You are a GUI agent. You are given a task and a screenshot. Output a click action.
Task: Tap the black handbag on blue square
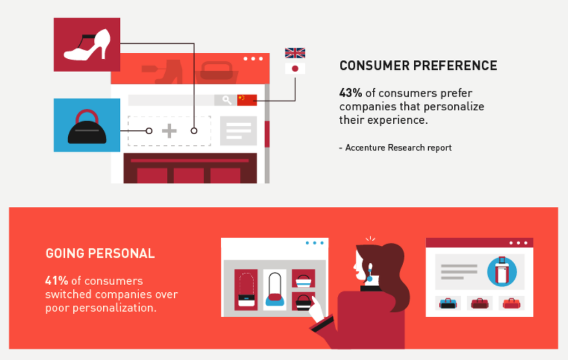(x=87, y=127)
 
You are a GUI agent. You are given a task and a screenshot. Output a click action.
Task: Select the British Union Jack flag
(x=295, y=53)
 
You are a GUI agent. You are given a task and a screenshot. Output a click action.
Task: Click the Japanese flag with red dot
(x=295, y=68)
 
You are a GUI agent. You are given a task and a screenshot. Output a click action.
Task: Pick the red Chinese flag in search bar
(x=247, y=100)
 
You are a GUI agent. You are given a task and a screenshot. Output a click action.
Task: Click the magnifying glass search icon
(x=227, y=100)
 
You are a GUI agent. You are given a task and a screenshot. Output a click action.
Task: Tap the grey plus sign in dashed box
(x=169, y=131)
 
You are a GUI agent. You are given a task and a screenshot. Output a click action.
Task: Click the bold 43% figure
(x=351, y=93)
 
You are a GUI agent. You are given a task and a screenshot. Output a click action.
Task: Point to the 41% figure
(x=57, y=281)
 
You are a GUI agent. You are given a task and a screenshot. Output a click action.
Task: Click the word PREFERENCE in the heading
(x=455, y=66)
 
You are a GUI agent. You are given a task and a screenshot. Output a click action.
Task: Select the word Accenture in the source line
(x=365, y=148)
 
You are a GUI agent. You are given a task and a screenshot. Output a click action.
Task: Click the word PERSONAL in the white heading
(x=121, y=253)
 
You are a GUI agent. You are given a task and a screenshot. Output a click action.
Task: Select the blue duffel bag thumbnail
(x=448, y=303)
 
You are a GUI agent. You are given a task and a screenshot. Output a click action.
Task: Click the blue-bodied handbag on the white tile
(x=275, y=290)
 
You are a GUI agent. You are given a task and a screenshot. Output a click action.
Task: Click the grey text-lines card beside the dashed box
(x=239, y=131)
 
